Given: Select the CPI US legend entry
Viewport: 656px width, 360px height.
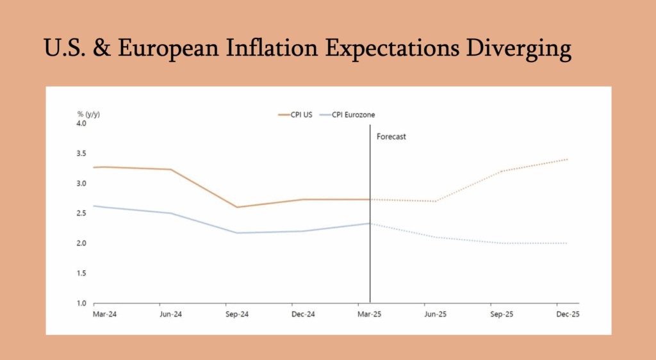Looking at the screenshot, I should (x=295, y=115).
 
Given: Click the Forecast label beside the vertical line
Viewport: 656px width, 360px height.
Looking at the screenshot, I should (x=391, y=136).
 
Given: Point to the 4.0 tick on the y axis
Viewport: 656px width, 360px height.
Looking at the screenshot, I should (x=82, y=123).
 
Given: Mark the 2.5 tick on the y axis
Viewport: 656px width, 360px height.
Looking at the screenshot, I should (x=82, y=213).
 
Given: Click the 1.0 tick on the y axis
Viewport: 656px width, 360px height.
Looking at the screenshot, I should (x=82, y=303).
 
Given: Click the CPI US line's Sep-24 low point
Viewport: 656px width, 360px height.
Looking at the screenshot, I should (x=238, y=207).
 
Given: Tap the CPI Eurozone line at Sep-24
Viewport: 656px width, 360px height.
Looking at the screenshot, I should (x=238, y=233).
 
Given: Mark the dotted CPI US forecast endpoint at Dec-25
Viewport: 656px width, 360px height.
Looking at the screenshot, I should (x=568, y=159).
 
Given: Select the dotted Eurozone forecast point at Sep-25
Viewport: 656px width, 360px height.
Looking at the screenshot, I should (x=502, y=243).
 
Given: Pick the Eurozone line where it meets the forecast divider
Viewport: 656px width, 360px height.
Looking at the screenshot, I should (x=370, y=223).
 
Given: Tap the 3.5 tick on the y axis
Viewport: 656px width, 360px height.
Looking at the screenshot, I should (x=82, y=153).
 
